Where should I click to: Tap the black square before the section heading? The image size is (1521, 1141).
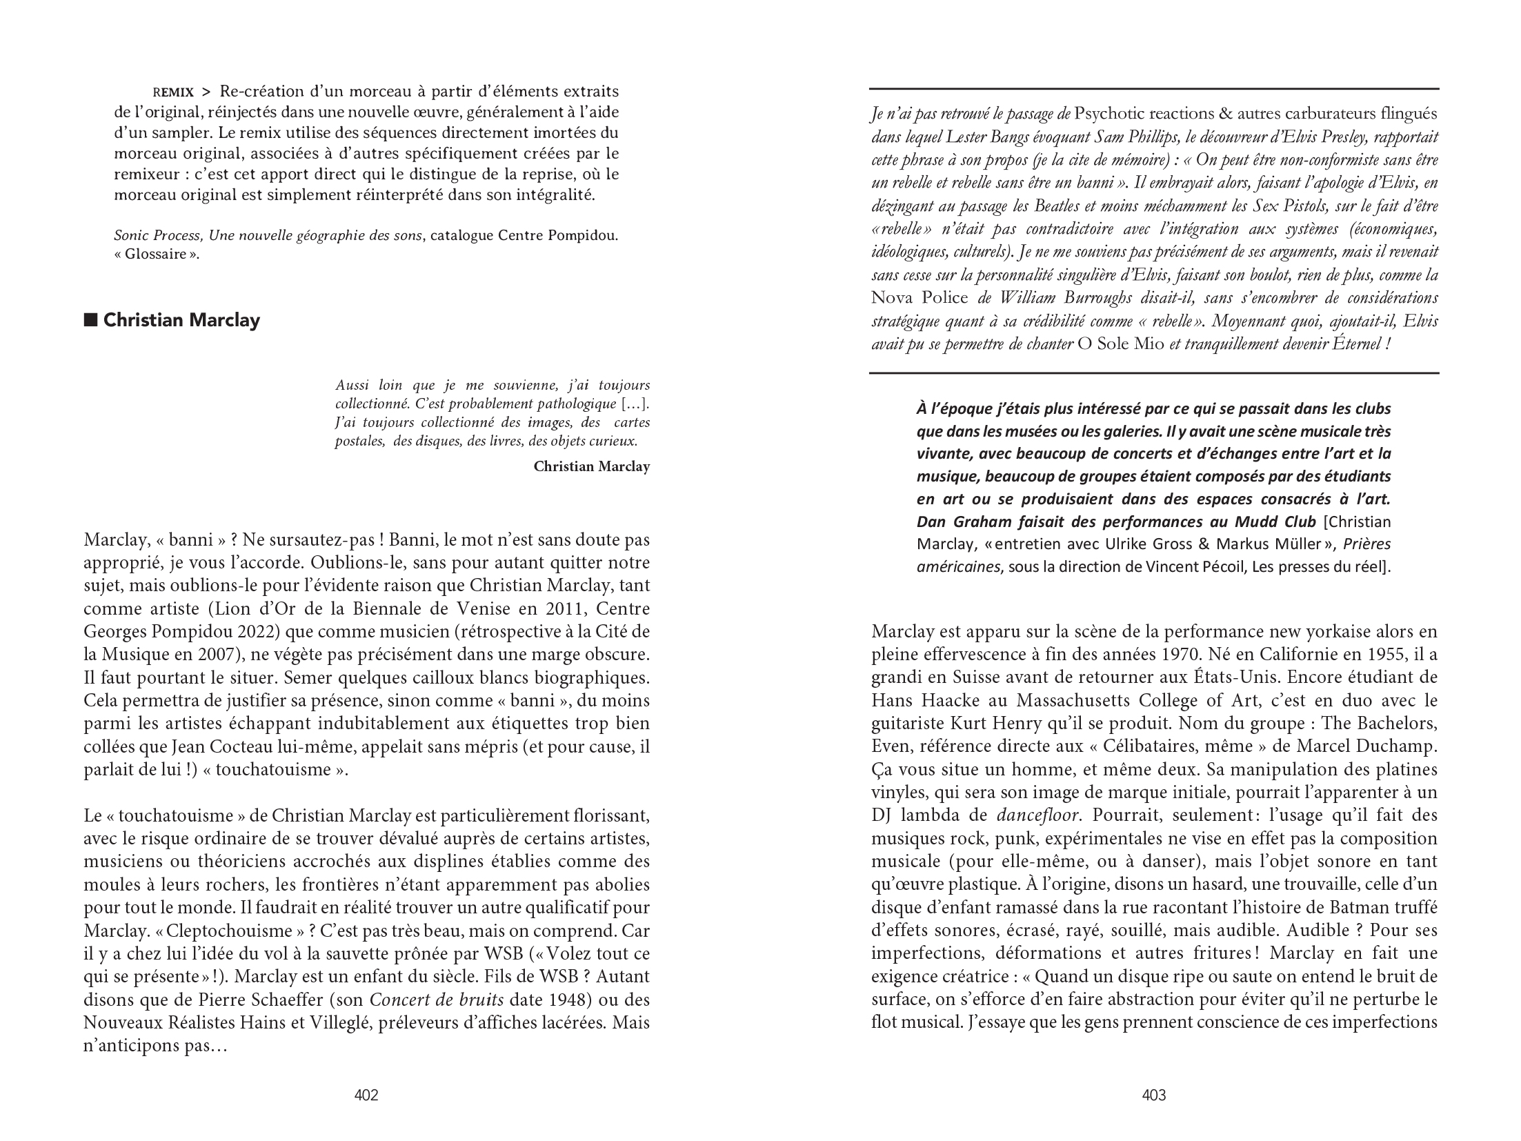(90, 320)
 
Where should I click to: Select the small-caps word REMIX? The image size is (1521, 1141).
(173, 92)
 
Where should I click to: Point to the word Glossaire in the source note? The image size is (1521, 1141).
(156, 254)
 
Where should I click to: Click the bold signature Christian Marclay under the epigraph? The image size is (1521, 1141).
(591, 467)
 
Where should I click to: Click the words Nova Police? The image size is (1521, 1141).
(919, 298)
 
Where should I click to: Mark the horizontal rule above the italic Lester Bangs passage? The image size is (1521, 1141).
(1153, 89)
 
